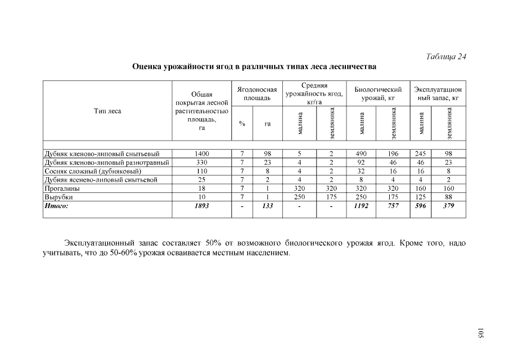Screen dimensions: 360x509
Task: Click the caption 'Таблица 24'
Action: pos(447,56)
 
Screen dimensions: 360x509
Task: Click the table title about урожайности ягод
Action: pos(254,67)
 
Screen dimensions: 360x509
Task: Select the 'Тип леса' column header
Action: pos(107,111)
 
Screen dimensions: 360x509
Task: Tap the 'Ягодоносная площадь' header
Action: pos(257,93)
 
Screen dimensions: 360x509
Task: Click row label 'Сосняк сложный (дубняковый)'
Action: pos(93,171)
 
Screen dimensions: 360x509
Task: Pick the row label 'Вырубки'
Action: pos(58,197)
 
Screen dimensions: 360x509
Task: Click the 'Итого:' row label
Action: pos(56,206)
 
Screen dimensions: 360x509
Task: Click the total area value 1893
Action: pos(201,206)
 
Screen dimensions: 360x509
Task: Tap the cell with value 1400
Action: pos(201,154)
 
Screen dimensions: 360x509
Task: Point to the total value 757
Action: pos(393,206)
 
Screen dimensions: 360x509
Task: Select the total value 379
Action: pos(448,206)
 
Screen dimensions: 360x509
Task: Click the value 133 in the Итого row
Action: pos(268,206)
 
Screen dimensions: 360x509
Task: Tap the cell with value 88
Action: pos(448,197)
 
